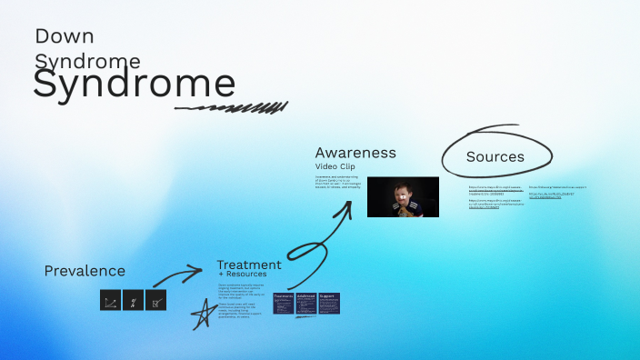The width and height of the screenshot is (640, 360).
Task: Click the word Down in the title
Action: (65, 36)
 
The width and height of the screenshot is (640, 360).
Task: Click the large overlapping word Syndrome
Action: (134, 84)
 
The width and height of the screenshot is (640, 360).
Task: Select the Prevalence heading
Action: (85, 271)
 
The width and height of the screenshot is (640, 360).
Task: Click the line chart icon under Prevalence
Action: (110, 301)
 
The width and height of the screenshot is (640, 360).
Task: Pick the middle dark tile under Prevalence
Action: (133, 301)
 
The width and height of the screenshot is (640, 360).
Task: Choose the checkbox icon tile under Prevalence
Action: (156, 301)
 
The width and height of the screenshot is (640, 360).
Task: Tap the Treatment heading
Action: (248, 265)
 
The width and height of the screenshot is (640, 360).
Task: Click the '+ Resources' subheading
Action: (242, 275)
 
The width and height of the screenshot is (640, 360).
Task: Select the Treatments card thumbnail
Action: (283, 304)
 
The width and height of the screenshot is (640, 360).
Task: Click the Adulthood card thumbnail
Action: (306, 304)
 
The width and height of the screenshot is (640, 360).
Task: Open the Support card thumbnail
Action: (329, 304)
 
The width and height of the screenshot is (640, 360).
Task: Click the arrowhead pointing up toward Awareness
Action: (346, 206)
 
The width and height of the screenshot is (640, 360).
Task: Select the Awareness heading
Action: (355, 153)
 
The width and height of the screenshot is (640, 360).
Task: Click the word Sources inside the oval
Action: (495, 156)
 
